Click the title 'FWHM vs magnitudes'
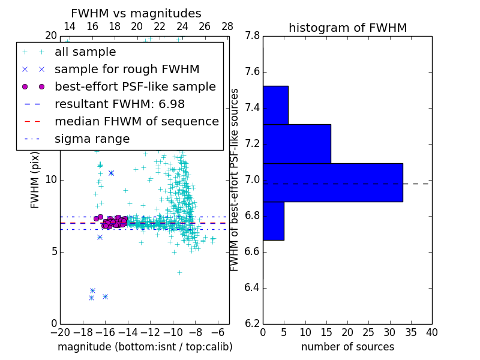(x=136, y=13)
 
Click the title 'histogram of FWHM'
(x=347, y=28)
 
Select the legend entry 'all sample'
(x=85, y=52)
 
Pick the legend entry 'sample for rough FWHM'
(x=127, y=69)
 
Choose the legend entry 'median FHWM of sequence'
(x=136, y=121)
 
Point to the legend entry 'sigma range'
(x=92, y=139)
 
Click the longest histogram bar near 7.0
(x=332, y=182)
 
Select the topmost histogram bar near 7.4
(x=275, y=105)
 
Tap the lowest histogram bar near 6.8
(x=273, y=221)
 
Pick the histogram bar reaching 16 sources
(x=296, y=143)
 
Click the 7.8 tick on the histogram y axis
(x=252, y=36)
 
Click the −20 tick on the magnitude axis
(x=60, y=332)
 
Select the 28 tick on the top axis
(x=227, y=26)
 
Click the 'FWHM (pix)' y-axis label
(x=35, y=179)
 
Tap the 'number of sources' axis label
(x=347, y=347)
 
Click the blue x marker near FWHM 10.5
(x=111, y=173)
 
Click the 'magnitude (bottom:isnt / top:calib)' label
(x=145, y=347)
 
